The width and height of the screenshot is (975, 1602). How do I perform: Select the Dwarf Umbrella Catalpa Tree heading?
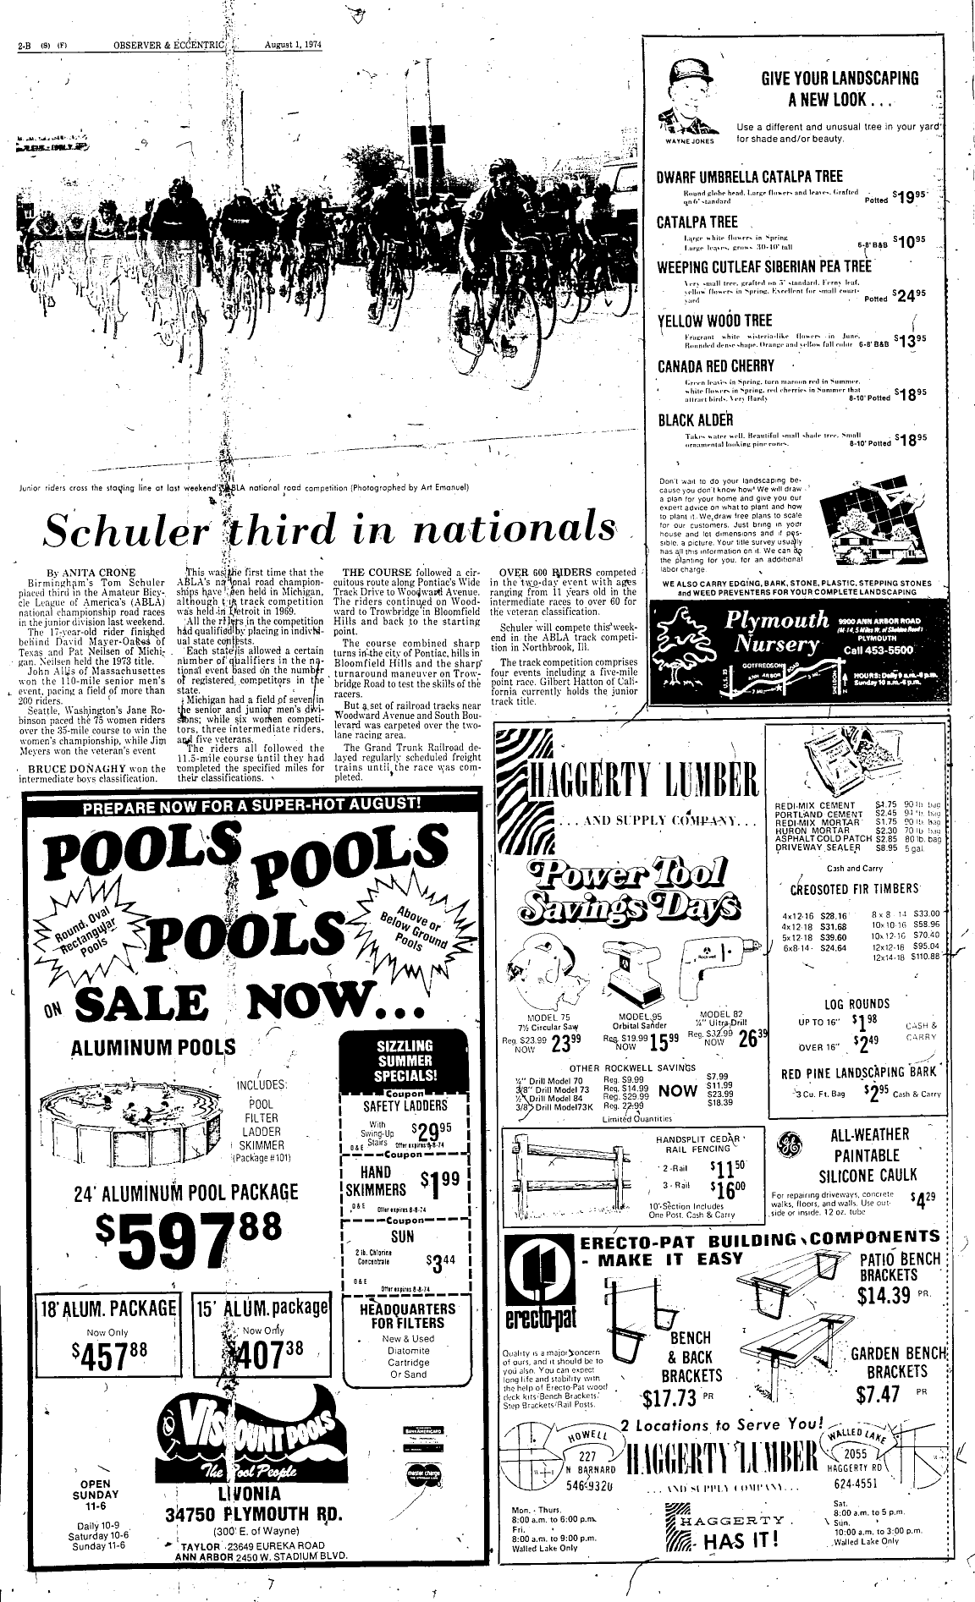pos(750,177)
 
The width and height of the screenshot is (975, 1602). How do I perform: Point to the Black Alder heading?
pos(684,420)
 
